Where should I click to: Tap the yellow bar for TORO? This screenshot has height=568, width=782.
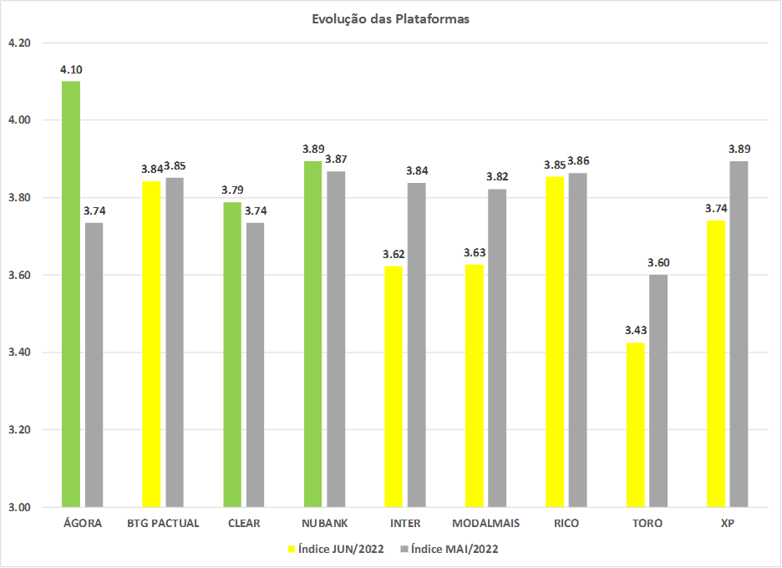click(635, 424)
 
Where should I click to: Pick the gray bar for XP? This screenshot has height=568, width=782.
click(739, 334)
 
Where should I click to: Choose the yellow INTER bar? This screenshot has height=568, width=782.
click(394, 387)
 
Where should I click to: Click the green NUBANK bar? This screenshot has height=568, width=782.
click(312, 334)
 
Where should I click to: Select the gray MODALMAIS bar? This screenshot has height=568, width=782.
click(497, 347)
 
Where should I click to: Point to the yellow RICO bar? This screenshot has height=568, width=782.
click(555, 342)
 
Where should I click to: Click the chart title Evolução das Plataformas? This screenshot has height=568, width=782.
click(391, 19)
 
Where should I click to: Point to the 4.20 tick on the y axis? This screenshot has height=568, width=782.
click(18, 43)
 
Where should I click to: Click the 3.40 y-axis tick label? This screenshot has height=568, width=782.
click(18, 352)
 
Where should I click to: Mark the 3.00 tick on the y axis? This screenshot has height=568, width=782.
click(18, 507)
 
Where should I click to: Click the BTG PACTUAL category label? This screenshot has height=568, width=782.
click(163, 524)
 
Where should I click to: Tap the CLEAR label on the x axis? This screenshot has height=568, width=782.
click(244, 524)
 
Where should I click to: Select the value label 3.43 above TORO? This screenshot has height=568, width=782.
click(635, 329)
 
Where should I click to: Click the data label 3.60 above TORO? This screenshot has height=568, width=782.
click(658, 262)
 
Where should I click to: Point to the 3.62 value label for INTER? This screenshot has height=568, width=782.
click(394, 254)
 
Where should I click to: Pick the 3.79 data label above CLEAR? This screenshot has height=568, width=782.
click(232, 190)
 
